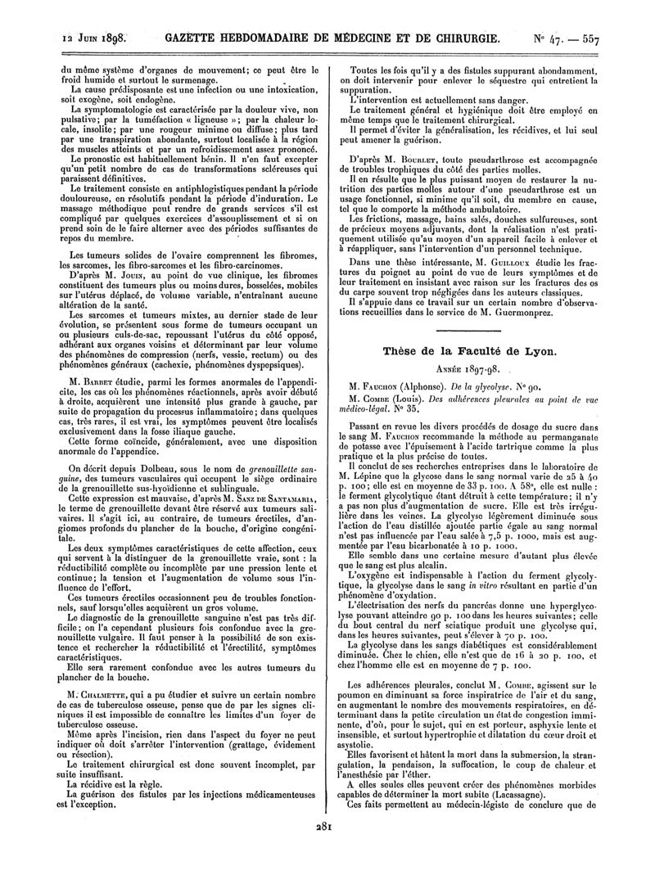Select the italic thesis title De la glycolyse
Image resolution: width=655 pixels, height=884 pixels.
pyautogui.click(x=511, y=385)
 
